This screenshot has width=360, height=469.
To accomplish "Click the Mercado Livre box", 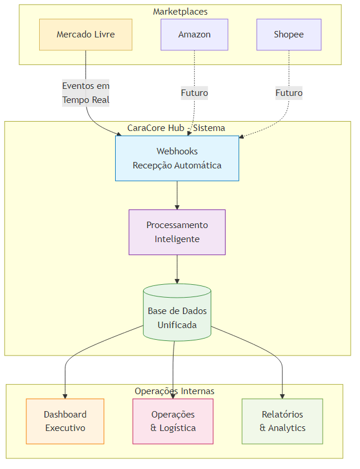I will tap(85, 35).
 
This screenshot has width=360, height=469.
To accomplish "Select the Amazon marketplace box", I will tap(194, 35).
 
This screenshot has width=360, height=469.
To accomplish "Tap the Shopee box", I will tap(289, 35).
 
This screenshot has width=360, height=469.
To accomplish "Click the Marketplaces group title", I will tap(180, 12).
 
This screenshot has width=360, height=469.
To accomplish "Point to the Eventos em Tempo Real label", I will tap(86, 93).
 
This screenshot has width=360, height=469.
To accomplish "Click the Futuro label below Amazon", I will tap(194, 93).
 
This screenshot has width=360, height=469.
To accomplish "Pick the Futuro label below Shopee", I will tap(289, 93).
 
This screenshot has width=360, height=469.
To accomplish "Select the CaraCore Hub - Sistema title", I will tap(176, 128).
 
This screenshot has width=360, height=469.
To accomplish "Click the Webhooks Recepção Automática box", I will tap(177, 158).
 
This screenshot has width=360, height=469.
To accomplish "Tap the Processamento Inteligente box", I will tap(177, 232).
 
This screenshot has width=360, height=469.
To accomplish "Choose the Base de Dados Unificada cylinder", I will tap(177, 318).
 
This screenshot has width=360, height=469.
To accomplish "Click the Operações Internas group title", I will tap(174, 391).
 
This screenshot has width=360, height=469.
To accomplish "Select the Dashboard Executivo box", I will tap(65, 421).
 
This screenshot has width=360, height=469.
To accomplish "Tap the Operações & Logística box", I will tap(173, 421).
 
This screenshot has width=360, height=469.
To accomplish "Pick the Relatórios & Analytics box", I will tap(282, 421).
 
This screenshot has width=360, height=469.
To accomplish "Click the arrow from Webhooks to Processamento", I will tap(177, 195).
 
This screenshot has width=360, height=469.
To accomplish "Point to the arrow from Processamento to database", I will tap(177, 269).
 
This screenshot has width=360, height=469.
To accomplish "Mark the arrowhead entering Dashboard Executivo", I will tap(65, 396).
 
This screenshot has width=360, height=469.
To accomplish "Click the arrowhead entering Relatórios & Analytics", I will tap(283, 396).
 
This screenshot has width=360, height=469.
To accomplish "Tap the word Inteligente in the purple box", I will tap(177, 239).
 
